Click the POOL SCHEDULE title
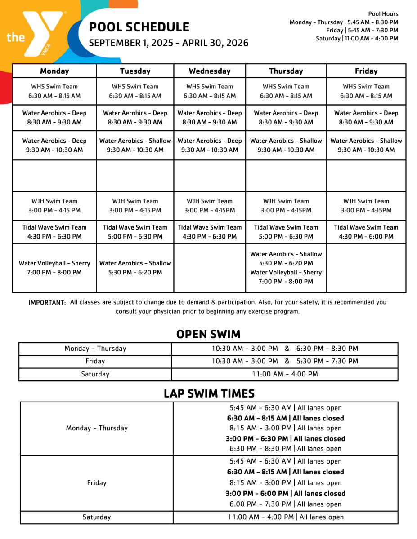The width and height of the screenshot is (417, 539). coord(139,27)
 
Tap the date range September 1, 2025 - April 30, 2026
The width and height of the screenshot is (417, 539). coord(169,43)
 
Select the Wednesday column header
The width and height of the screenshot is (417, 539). coord(210,71)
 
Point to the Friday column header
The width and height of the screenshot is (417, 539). coord(366,71)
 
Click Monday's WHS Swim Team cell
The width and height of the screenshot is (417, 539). coord(54,91)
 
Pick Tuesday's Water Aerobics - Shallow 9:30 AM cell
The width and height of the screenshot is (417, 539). coord(135,145)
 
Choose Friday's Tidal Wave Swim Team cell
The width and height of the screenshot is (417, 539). coord(366,232)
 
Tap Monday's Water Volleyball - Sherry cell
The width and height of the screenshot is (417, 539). coord(54,268)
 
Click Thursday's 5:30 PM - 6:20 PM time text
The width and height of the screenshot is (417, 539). coord(286,263)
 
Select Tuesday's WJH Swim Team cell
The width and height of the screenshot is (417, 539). coord(135,206)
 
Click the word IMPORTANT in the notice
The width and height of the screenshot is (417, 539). coord(47,303)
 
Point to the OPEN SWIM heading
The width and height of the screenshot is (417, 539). coord(208,334)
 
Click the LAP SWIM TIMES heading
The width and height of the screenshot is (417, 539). coord(209,393)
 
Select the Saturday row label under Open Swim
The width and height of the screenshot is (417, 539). coord(95,374)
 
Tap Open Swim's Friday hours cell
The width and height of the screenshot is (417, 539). coord(285,361)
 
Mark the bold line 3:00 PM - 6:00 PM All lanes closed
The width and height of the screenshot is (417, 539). coord(285,493)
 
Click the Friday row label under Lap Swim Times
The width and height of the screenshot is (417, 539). coord(97,483)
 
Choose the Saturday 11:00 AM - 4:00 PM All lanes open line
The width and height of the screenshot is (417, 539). coord(286,517)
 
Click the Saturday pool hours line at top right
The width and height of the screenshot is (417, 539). coord(357,39)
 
